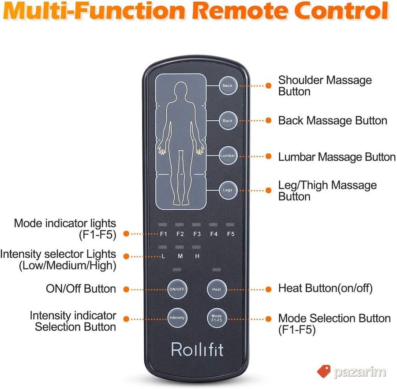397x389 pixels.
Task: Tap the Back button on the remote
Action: pyautogui.click(x=228, y=121)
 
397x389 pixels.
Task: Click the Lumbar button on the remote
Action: pyautogui.click(x=228, y=156)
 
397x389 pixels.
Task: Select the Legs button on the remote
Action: pyautogui.click(x=228, y=190)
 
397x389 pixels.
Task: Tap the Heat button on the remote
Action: pyautogui.click(x=217, y=289)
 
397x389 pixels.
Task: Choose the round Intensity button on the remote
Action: pyautogui.click(x=177, y=318)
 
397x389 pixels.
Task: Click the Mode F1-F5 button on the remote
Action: pyautogui.click(x=217, y=318)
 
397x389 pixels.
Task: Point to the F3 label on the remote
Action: pyautogui.click(x=197, y=234)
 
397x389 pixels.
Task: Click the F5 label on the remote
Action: pyautogui.click(x=231, y=234)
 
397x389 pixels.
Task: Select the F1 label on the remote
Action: pyautogui.click(x=164, y=234)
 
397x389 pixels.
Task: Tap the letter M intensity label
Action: pyautogui.click(x=180, y=256)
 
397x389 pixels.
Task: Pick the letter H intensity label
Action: pyautogui.click(x=197, y=256)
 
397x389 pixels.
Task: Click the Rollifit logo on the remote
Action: pyautogui.click(x=197, y=349)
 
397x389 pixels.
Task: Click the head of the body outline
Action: pyautogui.click(x=181, y=89)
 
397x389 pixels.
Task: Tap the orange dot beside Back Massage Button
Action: pyautogui.click(x=268, y=121)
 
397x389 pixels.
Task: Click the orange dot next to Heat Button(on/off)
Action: pyautogui.click(x=268, y=289)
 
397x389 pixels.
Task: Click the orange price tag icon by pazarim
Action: pyautogui.click(x=324, y=371)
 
